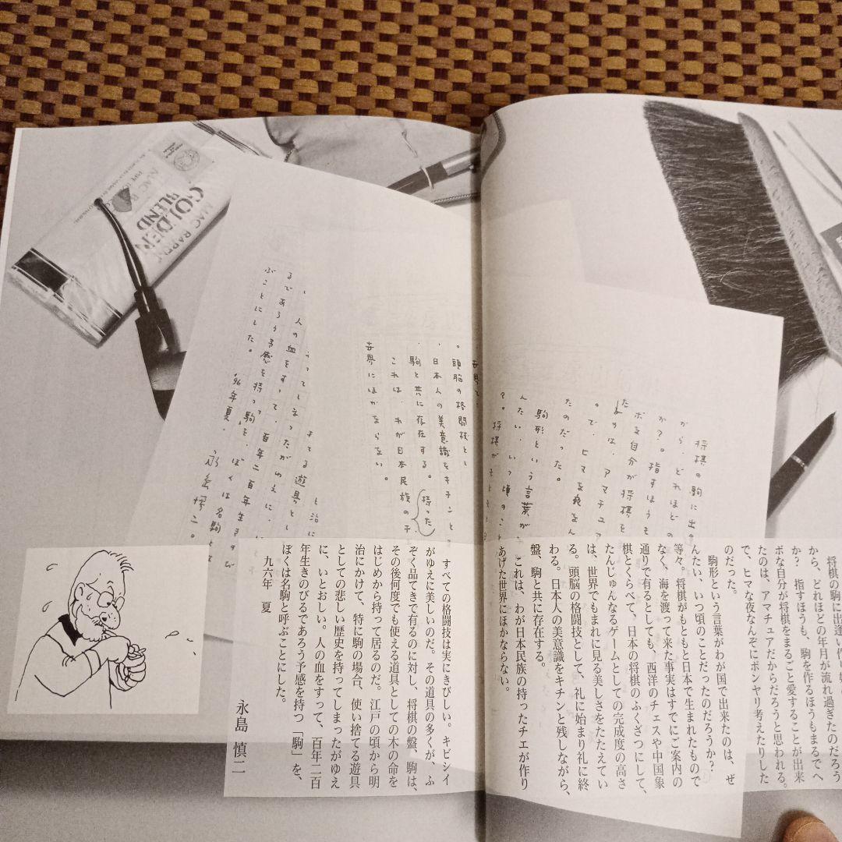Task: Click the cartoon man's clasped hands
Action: pos(129,663)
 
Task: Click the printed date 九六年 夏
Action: pos(270,581)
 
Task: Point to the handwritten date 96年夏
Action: pos(234,402)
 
